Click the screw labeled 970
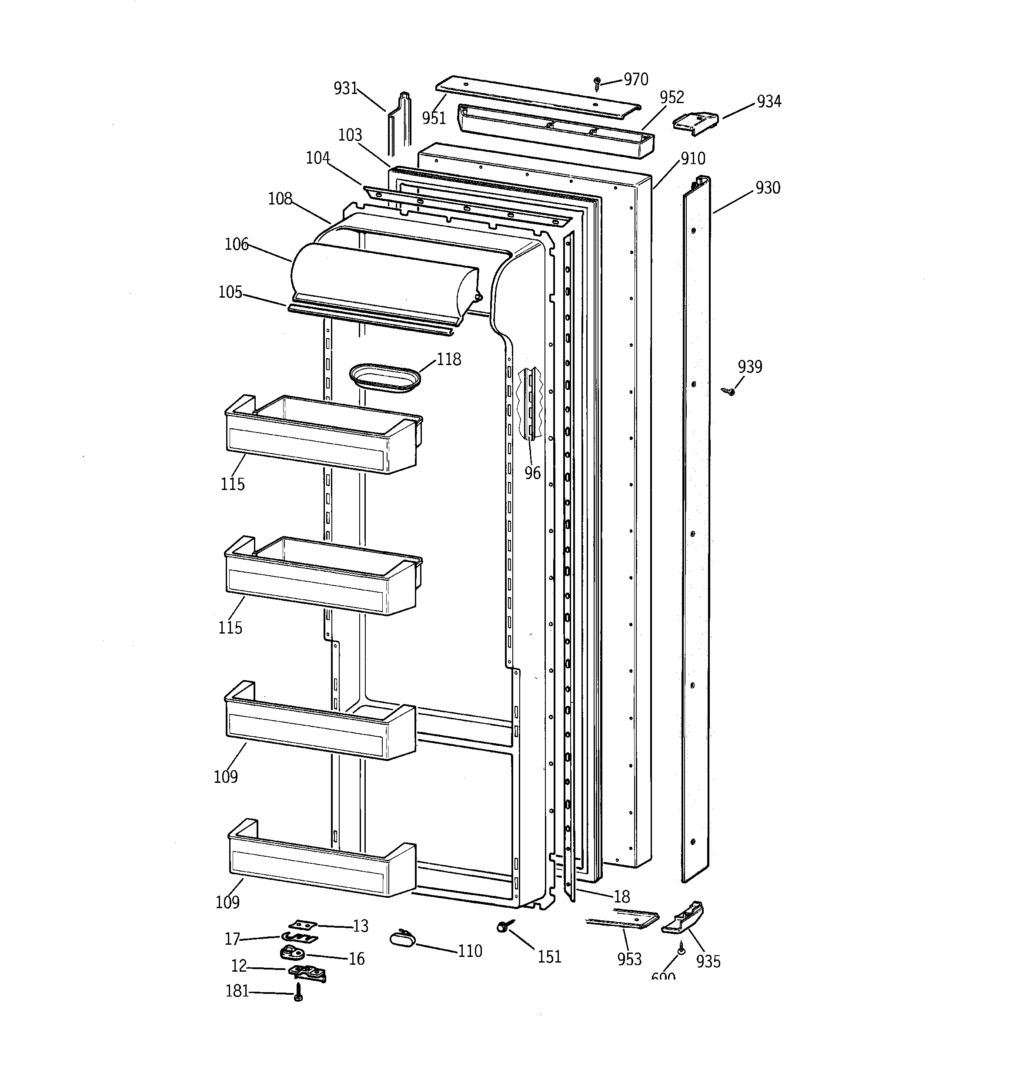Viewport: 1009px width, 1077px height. (x=597, y=83)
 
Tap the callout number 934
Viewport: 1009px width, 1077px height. (x=768, y=101)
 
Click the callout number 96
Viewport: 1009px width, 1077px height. (x=532, y=473)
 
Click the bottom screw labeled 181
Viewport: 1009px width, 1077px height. (x=298, y=993)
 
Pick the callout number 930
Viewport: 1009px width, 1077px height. (x=768, y=188)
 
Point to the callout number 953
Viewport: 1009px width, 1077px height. (x=629, y=960)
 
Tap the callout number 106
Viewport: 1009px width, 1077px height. (x=236, y=244)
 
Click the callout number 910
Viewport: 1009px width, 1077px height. (x=693, y=159)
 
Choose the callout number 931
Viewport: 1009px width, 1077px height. (x=345, y=88)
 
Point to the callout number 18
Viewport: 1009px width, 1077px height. (x=621, y=896)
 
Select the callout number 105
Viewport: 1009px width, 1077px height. (x=230, y=292)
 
